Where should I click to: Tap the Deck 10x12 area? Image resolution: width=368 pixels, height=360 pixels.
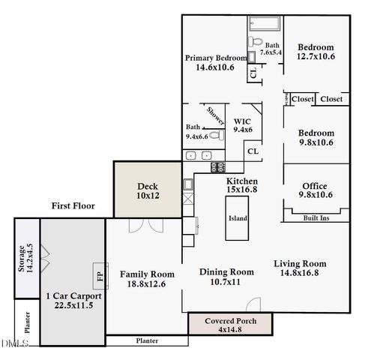coord(146,190)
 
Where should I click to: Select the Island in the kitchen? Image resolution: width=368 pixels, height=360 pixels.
coord(237,218)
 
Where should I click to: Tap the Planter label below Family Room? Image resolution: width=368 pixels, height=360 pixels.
coord(147,340)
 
